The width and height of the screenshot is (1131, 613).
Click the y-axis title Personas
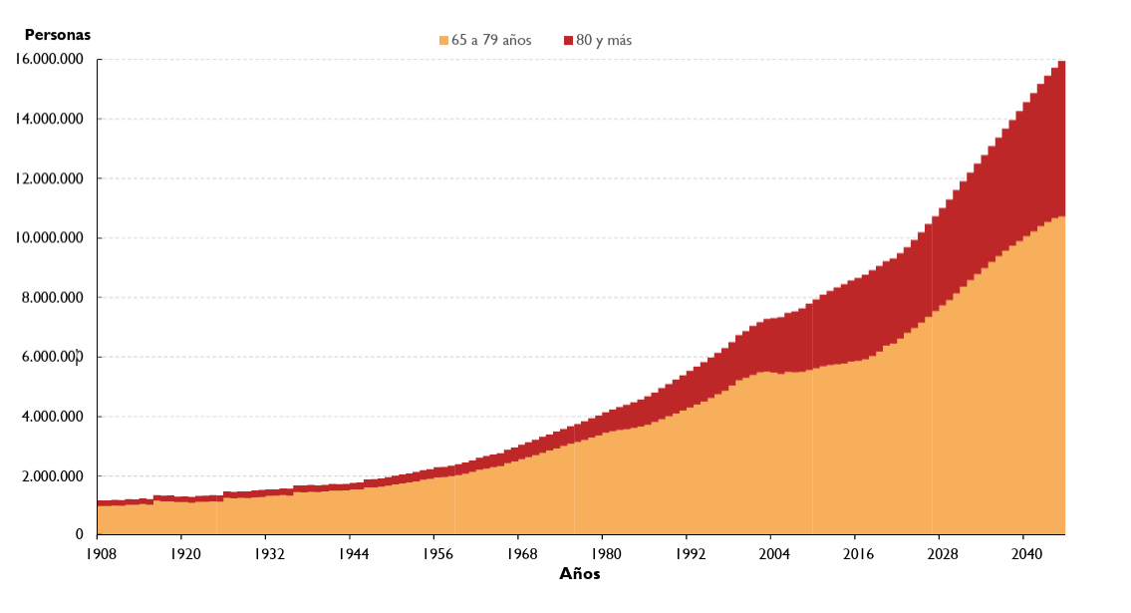point(57,35)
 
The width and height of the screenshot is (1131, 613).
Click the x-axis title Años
point(580,574)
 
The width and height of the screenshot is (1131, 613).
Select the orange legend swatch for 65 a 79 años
point(443,41)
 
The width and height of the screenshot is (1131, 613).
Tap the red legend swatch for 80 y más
point(568,41)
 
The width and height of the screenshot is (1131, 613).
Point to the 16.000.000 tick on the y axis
point(50,60)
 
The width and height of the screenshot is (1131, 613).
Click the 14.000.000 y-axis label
point(50,120)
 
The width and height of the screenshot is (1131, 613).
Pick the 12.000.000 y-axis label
point(50,179)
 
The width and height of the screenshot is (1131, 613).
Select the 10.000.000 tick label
point(50,238)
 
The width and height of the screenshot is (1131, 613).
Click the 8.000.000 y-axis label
point(54,298)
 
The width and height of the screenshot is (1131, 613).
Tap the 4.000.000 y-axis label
point(54,417)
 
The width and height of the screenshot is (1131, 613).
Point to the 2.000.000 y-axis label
point(54,476)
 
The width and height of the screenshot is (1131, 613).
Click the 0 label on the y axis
point(80,535)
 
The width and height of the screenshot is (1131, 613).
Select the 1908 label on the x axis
point(97,552)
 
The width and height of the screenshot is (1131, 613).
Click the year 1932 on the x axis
point(265,552)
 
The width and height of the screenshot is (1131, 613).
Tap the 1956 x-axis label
point(433,552)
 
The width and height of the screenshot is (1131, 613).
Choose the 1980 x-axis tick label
point(602,552)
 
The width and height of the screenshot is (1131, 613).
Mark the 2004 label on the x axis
point(770,552)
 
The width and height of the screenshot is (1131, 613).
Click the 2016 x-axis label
point(855,552)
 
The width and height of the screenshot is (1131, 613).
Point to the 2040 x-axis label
point(1023,552)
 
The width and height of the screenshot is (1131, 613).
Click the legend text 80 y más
point(604,41)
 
